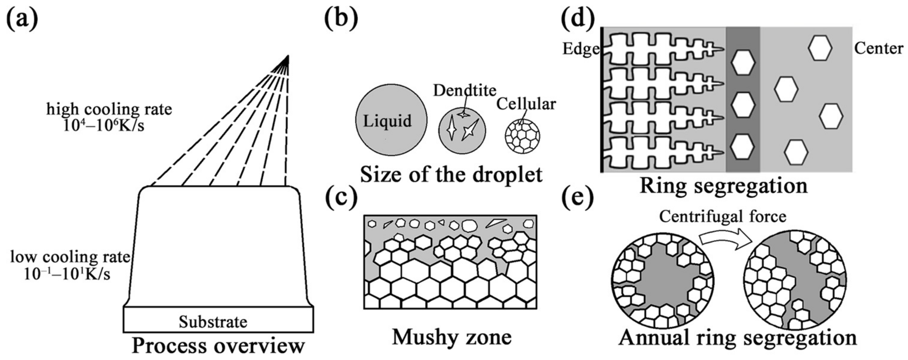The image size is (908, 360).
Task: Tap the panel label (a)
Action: tap(22, 20)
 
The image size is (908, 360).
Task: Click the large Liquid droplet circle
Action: tap(391, 120)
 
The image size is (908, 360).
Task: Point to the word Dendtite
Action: tap(465, 91)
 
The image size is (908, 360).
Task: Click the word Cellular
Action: tap(526, 104)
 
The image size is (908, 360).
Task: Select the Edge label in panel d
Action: tap(581, 49)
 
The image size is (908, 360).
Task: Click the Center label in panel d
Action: tap(878, 49)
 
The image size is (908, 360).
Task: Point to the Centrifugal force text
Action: tap(723, 216)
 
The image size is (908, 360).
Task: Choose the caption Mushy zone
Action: tap(452, 337)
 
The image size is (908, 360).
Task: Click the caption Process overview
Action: tap(218, 346)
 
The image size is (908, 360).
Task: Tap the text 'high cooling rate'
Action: tap(109, 109)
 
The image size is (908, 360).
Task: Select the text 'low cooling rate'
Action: tap(70, 257)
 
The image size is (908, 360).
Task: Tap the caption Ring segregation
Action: tap(723, 186)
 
